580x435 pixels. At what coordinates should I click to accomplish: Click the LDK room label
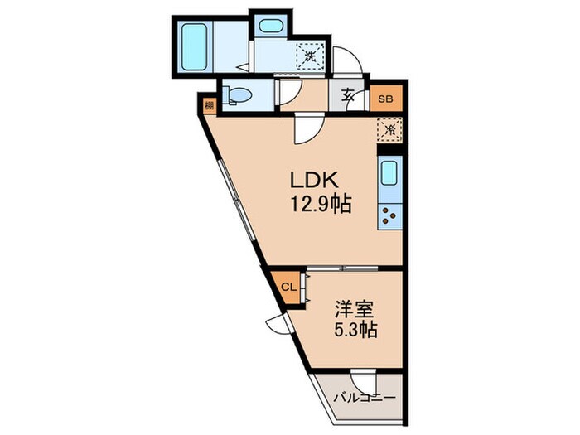[308, 181]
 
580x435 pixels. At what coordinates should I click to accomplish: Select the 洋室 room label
[353, 309]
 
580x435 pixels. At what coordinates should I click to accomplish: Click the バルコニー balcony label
[365, 398]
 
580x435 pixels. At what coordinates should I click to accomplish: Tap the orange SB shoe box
[385, 98]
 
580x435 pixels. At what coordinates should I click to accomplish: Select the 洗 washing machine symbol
[309, 56]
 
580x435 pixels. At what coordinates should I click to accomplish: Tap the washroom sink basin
[270, 26]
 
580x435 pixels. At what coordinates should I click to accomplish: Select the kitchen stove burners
[389, 216]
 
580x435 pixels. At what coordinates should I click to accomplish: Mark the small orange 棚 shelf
[210, 105]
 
